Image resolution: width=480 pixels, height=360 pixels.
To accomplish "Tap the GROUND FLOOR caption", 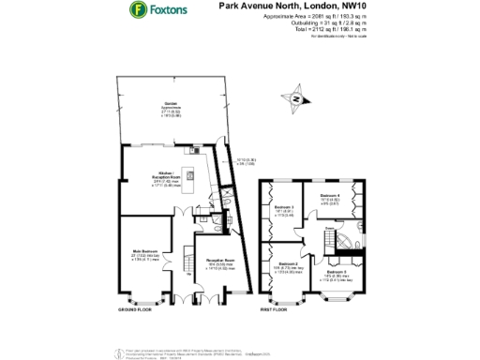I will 136,308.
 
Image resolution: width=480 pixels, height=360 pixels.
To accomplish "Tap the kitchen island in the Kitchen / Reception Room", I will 189,177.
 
